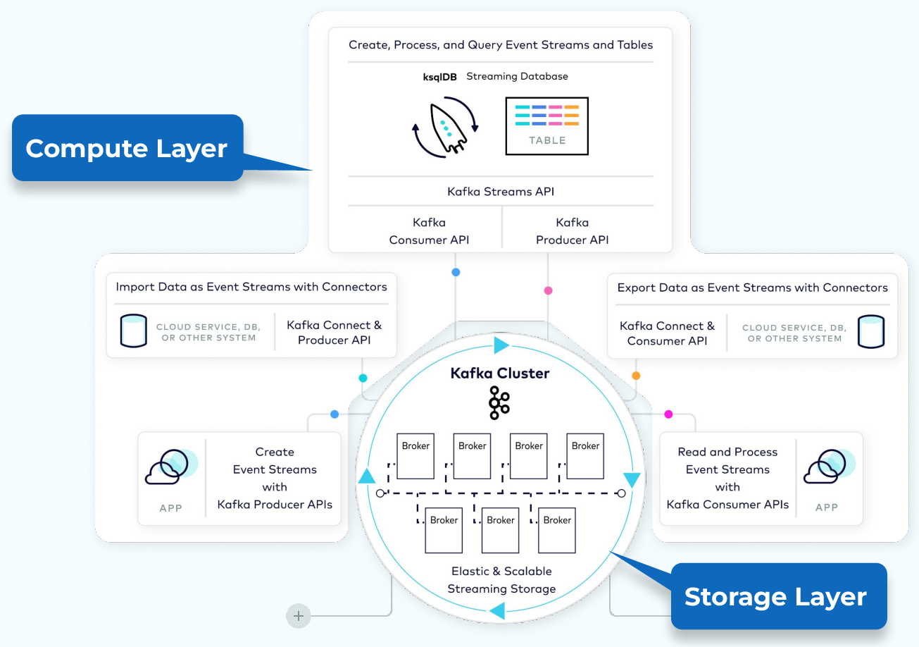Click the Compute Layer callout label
tap(127, 148)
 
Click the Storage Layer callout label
tap(775, 596)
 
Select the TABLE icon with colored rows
tap(546, 126)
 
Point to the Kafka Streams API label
tap(500, 191)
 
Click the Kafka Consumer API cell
tap(429, 231)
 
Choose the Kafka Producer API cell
tap(572, 231)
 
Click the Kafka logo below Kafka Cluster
tap(499, 402)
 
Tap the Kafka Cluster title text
tap(499, 374)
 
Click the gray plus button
tap(299, 616)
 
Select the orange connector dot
tap(636, 376)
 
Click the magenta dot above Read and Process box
tap(668, 414)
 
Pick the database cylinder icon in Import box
tap(134, 331)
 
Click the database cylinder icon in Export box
tap(871, 332)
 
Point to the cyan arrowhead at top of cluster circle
tap(501, 345)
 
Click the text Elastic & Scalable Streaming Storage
tap(501, 580)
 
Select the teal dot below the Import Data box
tap(363, 378)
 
